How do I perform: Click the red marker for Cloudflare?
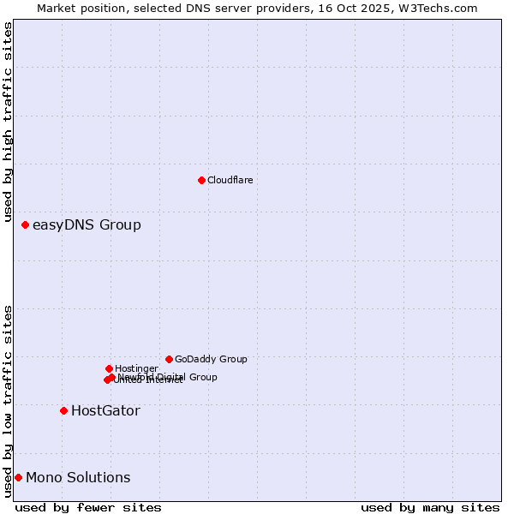pos(201,180)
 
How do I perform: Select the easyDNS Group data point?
pos(25,224)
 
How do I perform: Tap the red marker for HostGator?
pos(63,410)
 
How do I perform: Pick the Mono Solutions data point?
pos(18,477)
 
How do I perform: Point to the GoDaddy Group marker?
pos(169,359)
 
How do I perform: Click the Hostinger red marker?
pos(109,368)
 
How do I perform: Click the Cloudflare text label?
pos(230,180)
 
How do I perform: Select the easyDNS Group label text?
pos(87,225)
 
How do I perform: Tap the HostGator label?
pos(105,411)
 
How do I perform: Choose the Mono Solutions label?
pos(78,478)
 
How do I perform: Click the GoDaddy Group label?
pos(211,360)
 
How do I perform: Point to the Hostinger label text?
pos(136,369)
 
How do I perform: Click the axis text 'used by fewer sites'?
pos(88,507)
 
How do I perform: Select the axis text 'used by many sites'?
pos(429,507)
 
